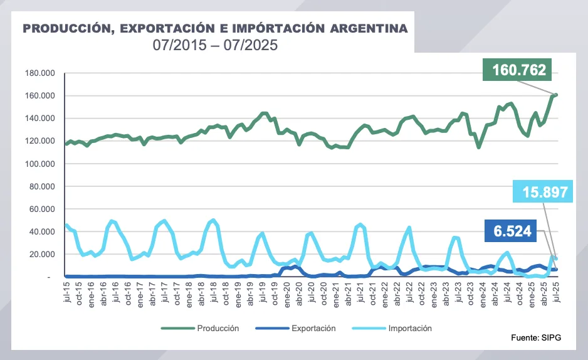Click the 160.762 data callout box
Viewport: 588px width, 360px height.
[520, 70]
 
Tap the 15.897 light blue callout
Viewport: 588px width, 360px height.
[543, 193]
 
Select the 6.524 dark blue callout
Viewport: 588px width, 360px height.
[512, 231]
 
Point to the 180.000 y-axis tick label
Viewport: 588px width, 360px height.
[40, 73]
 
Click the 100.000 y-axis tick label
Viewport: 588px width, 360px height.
[40, 164]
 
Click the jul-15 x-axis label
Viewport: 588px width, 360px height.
[66, 292]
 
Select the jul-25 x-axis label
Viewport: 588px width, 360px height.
[556, 292]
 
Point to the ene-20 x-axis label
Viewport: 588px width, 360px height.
[286, 293]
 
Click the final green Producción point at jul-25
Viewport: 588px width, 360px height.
[556, 95]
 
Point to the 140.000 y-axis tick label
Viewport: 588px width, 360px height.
[40, 119]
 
